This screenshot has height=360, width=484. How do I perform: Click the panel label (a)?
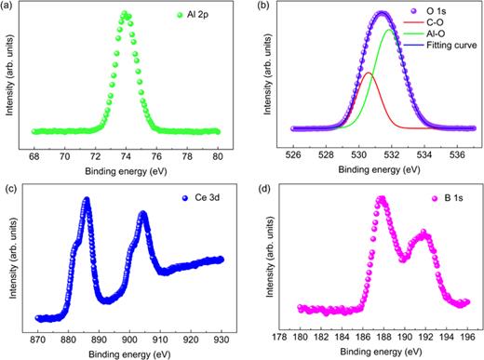tap(11, 7)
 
